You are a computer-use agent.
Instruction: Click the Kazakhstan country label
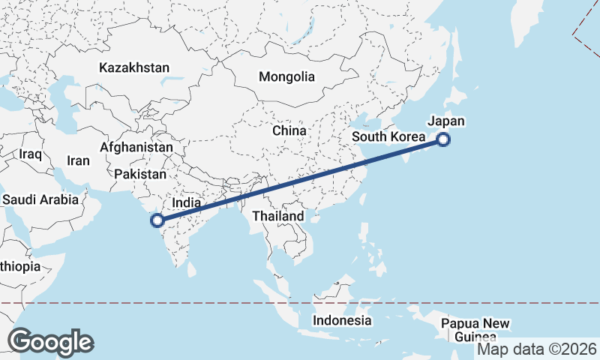[134, 67]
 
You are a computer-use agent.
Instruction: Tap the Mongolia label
[286, 76]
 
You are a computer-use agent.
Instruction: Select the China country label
[289, 130]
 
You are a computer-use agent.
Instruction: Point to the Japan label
[446, 121]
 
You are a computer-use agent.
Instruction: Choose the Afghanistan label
[136, 148]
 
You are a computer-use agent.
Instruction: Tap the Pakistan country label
[140, 174]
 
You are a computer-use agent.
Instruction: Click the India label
[187, 202]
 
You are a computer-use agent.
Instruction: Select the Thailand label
[278, 216]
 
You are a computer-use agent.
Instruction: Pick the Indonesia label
[342, 320]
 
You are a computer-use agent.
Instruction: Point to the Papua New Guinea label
[475, 330]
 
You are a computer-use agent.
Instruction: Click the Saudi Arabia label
[40, 199]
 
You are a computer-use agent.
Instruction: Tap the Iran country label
[78, 160]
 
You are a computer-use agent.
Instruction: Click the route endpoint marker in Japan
[443, 139]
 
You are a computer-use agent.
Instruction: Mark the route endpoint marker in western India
[157, 220]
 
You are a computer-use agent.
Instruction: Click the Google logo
[50, 341]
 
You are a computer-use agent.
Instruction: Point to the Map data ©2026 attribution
[537, 349]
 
